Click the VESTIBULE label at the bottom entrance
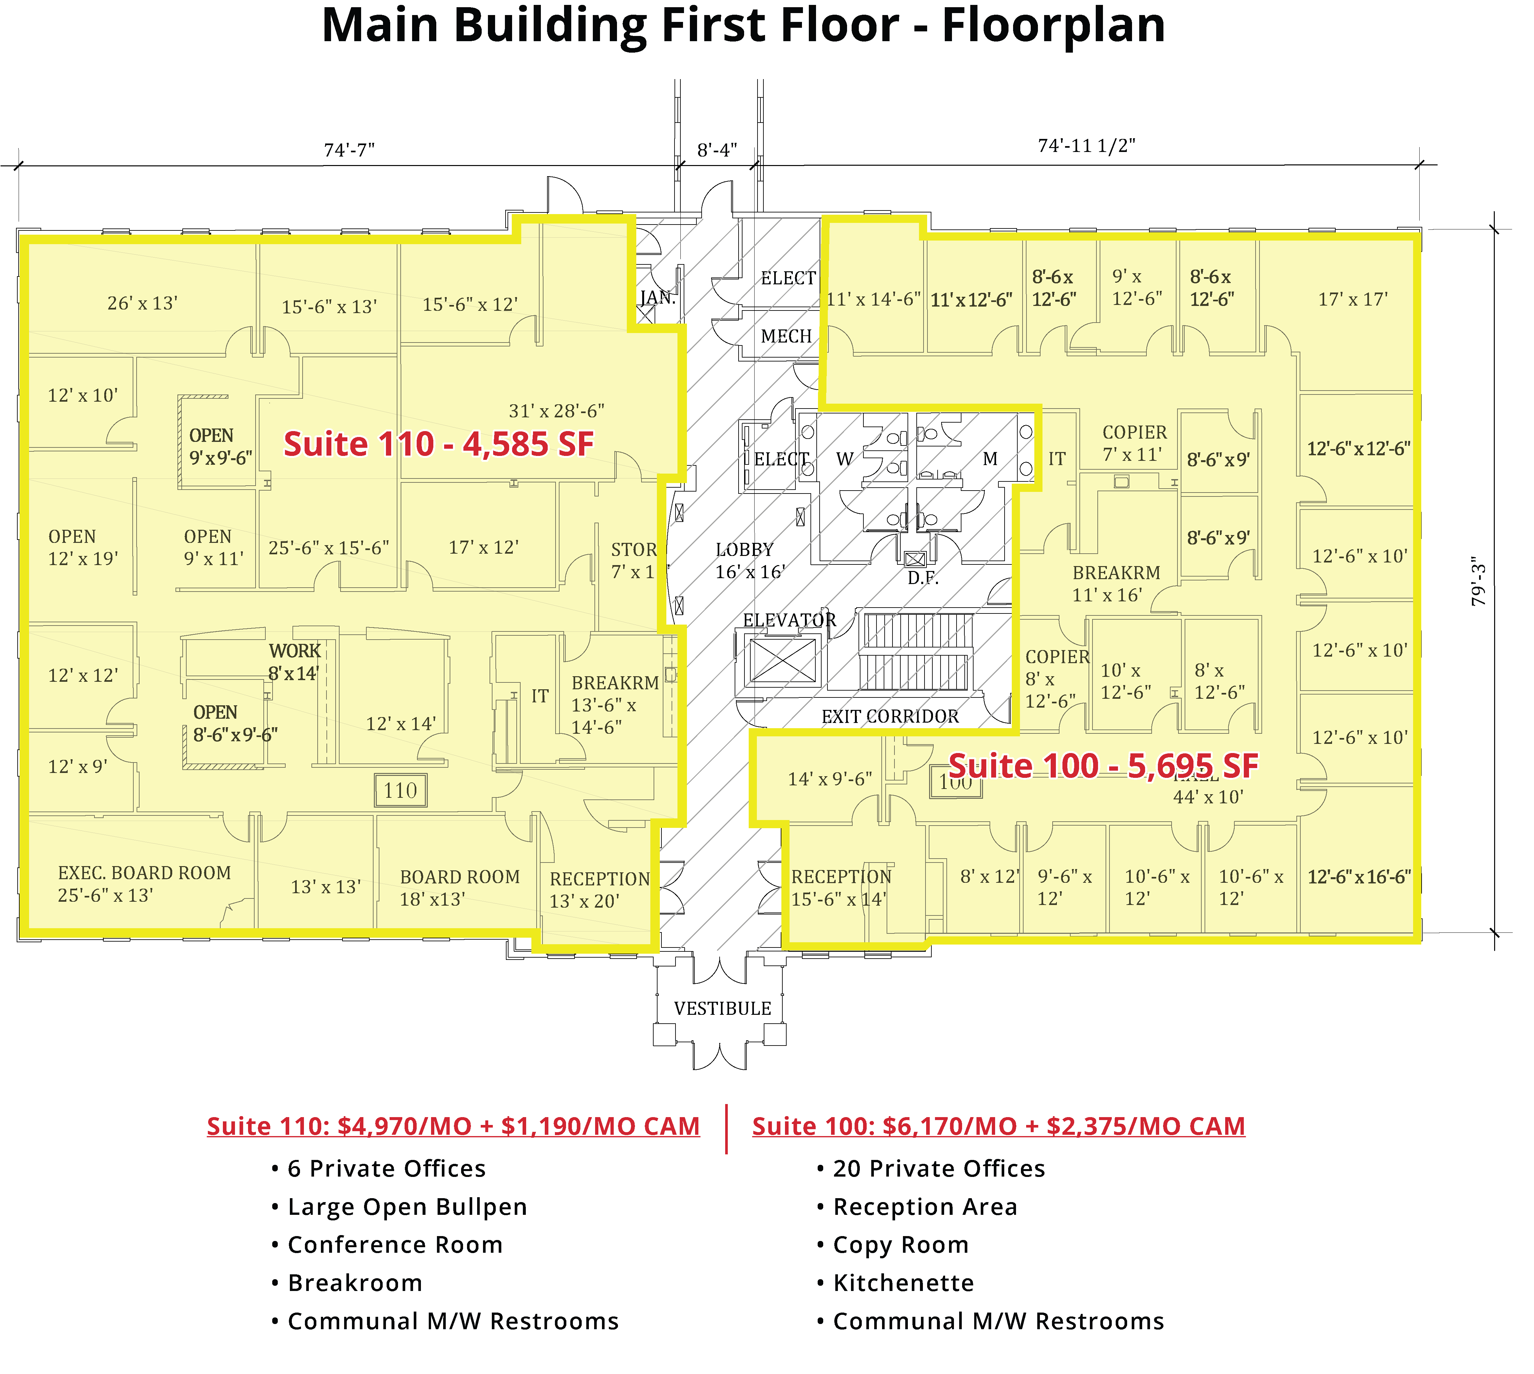point(723,1009)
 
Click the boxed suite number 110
point(400,790)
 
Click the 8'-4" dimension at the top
point(716,150)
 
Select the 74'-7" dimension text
point(349,150)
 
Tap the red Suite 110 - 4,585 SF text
point(438,444)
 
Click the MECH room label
point(786,337)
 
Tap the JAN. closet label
point(658,297)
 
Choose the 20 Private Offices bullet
point(938,1169)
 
